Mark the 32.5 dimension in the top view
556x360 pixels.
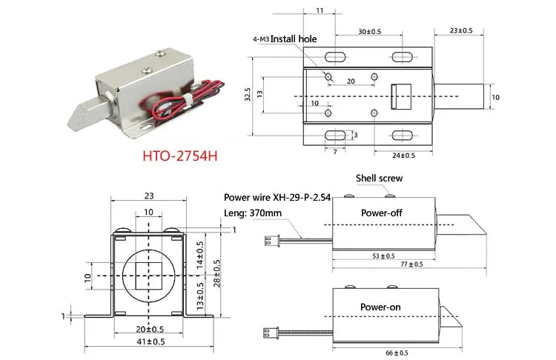(249, 95)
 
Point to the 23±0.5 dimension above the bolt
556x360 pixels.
(466, 31)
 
